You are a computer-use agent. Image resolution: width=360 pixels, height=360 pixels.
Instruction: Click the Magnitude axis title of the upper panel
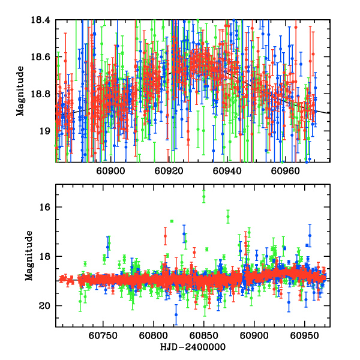[21, 91]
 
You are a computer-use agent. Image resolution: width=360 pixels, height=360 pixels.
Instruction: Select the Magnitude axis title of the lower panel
[29, 257]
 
